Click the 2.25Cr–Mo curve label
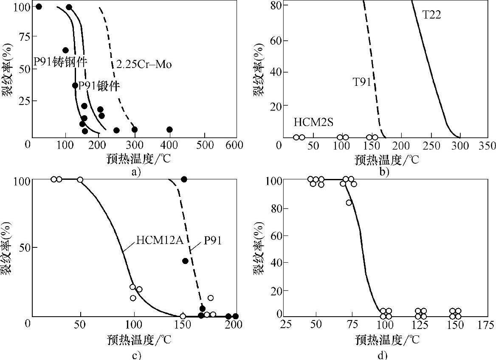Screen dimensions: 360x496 click(x=144, y=65)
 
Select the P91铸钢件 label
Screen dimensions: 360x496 click(x=60, y=62)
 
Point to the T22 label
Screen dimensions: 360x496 click(x=432, y=15)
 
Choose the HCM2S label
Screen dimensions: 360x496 click(x=313, y=122)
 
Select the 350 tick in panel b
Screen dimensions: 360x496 click(x=487, y=146)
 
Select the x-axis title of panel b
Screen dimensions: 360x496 click(x=386, y=160)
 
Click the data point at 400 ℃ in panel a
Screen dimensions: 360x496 click(x=169, y=129)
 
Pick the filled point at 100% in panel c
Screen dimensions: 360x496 click(x=184, y=179)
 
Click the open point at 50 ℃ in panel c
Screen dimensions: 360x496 click(x=80, y=180)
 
